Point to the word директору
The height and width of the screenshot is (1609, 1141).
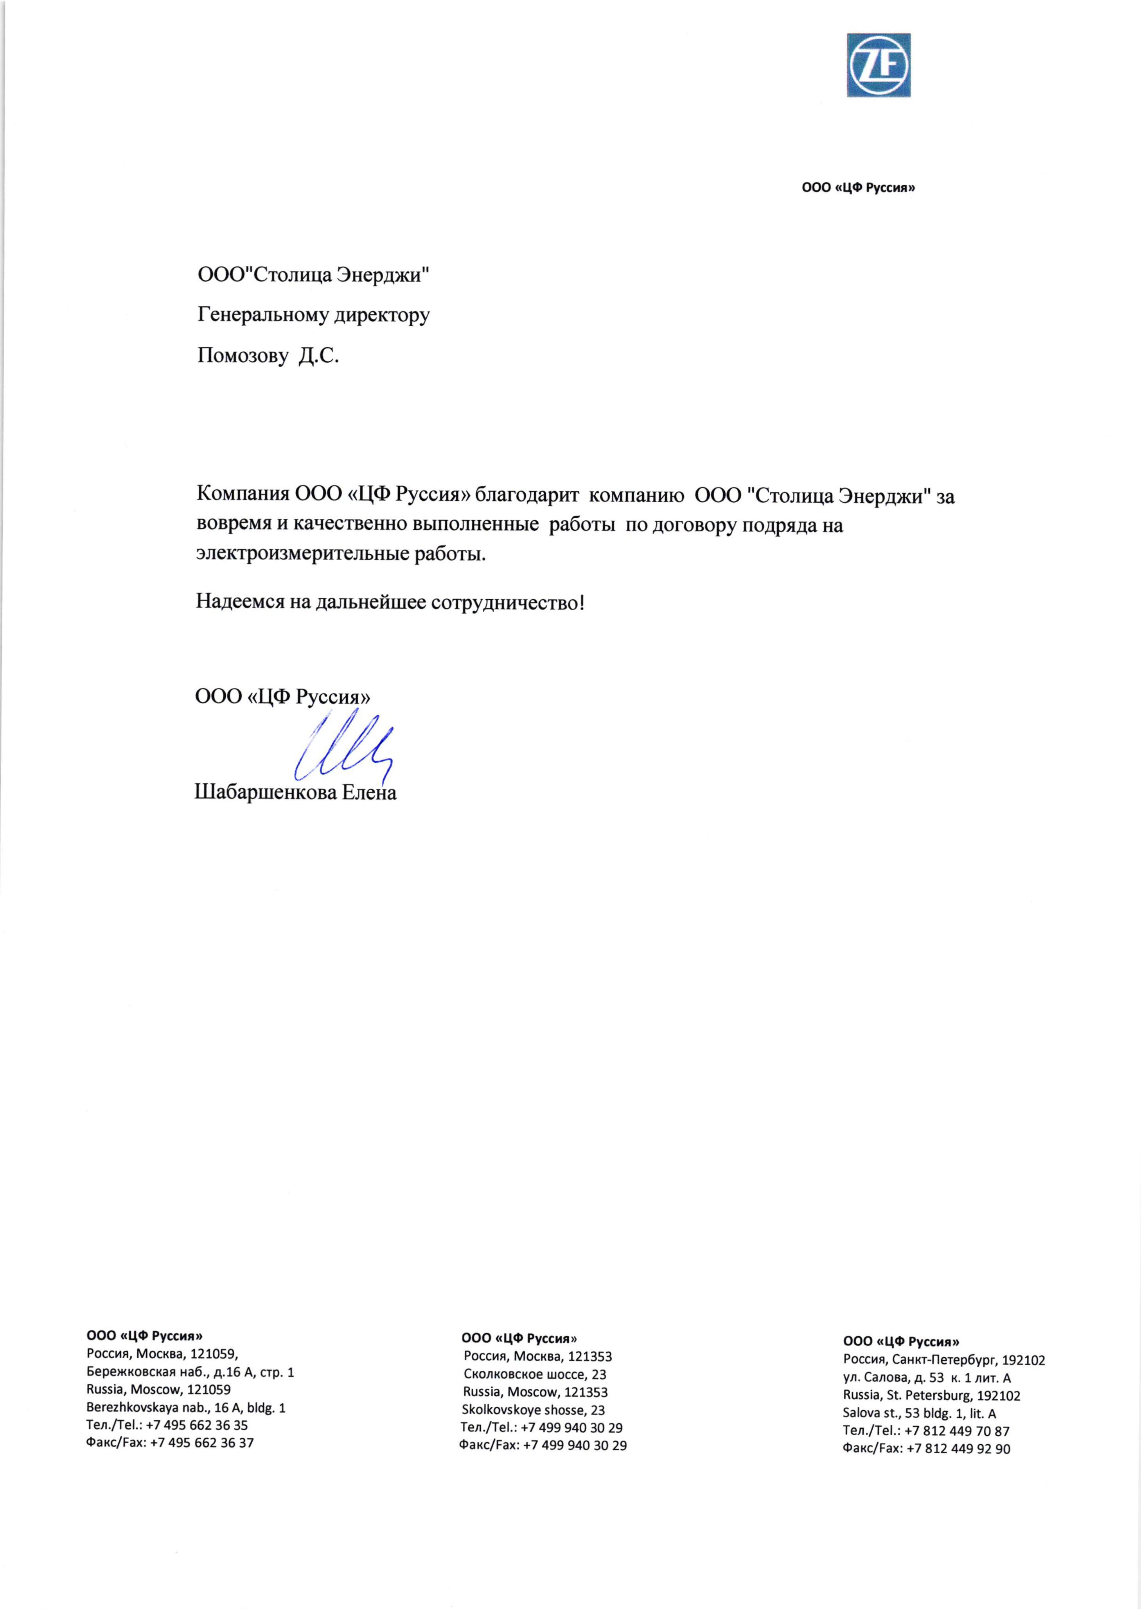(x=381, y=315)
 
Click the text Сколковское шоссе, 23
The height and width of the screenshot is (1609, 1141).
(x=535, y=1374)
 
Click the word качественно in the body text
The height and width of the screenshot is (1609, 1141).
(x=353, y=525)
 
